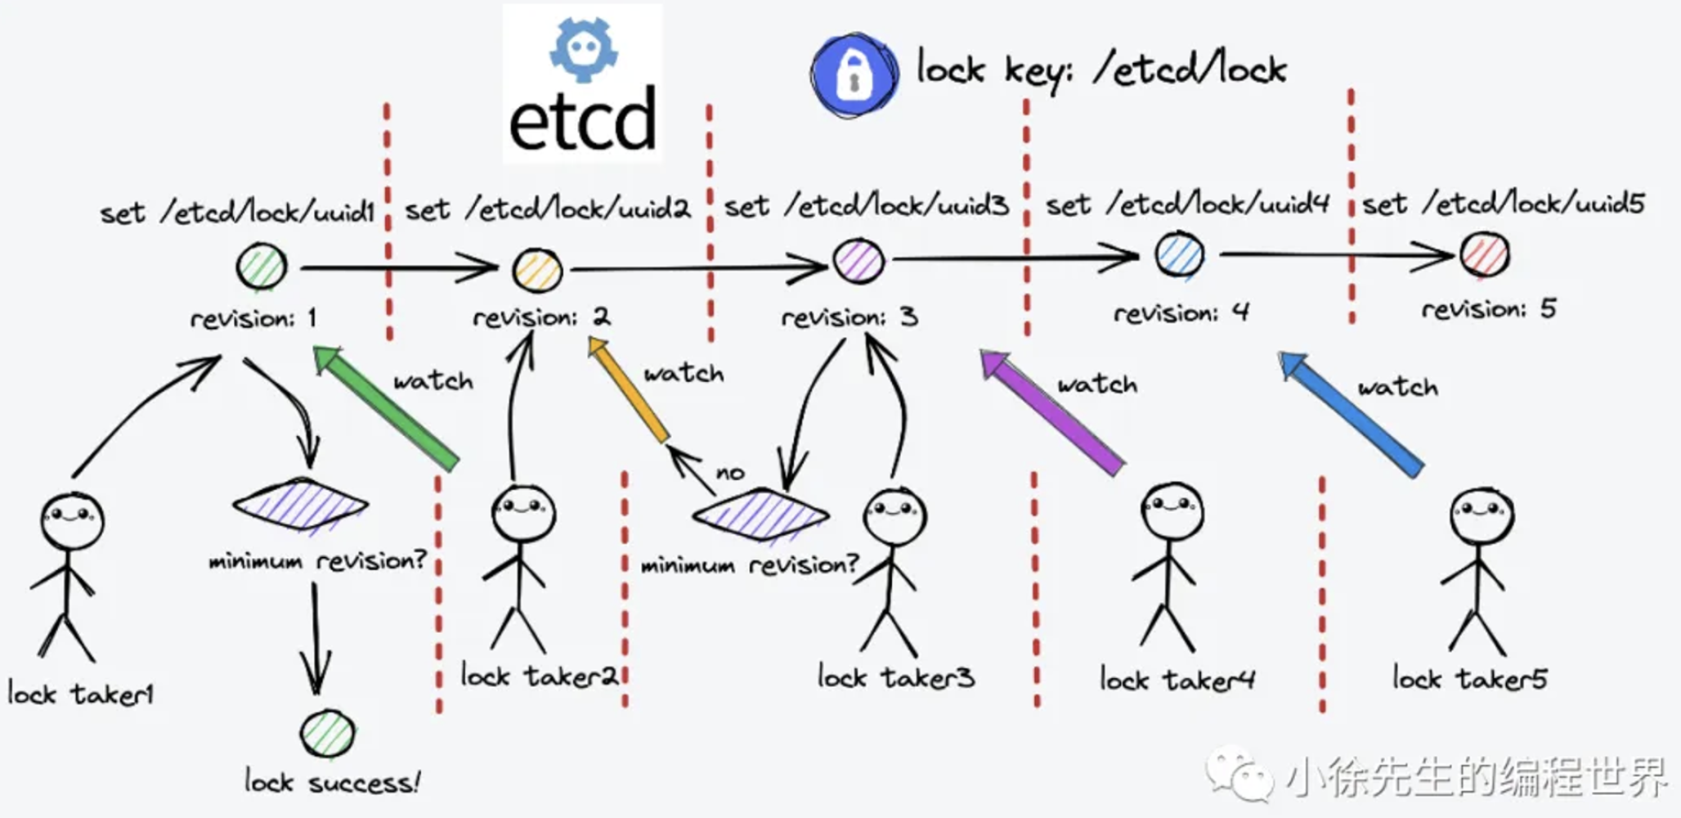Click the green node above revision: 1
261,267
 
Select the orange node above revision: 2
537,270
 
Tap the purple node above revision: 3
858,262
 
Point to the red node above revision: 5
1484,254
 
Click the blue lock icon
854,74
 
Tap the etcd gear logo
583,49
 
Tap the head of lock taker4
1172,510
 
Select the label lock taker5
1469,679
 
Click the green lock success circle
327,735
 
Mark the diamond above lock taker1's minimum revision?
300,505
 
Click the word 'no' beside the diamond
729,473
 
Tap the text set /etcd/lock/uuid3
867,206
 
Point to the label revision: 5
1489,309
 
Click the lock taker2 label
539,676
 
